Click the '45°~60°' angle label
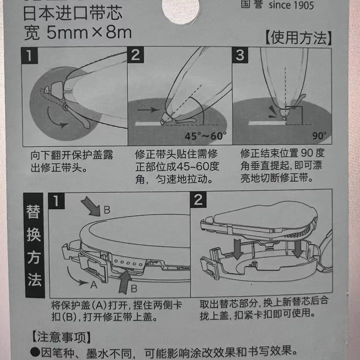pos(206,136)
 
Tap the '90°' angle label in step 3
pos(319,136)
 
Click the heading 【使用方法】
pos(298,38)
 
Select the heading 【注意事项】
pos(61,337)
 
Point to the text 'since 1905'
pos(291,5)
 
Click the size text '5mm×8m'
pos(89,33)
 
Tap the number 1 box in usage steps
pos(29,55)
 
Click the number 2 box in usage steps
pos(135,55)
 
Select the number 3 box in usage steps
pos(240,55)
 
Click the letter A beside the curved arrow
pos(94,285)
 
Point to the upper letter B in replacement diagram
pos(107,210)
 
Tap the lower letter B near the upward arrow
pos(134,288)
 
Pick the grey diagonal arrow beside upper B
pos(91,207)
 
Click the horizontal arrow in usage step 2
pos(148,110)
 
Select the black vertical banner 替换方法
pos(34,245)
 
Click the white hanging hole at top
pos(181,10)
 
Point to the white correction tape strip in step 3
pos(266,123)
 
